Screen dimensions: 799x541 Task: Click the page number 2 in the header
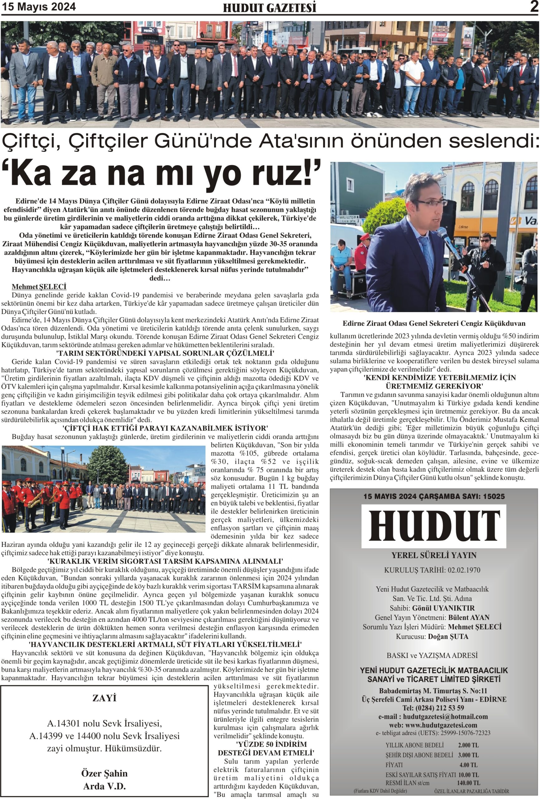point(534,7)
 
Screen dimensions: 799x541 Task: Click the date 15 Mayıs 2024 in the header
point(39,7)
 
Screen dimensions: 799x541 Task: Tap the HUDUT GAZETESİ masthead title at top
point(269,8)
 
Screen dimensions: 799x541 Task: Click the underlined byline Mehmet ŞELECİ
point(39,287)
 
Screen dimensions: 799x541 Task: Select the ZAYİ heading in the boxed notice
point(104,698)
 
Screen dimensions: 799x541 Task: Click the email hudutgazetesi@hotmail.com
point(446,717)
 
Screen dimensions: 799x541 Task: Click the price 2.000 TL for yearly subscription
point(468,745)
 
